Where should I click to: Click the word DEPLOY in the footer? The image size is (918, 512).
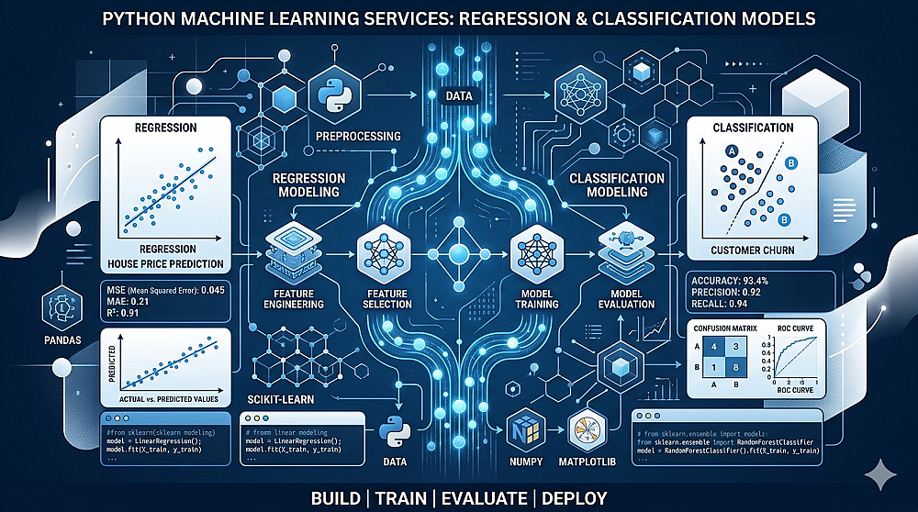click(x=569, y=498)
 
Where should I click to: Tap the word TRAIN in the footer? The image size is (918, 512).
click(x=401, y=498)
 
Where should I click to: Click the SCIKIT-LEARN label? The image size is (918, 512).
click(x=284, y=400)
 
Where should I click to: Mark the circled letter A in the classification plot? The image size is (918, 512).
click(x=733, y=152)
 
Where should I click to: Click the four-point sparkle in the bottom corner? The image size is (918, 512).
click(x=884, y=474)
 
